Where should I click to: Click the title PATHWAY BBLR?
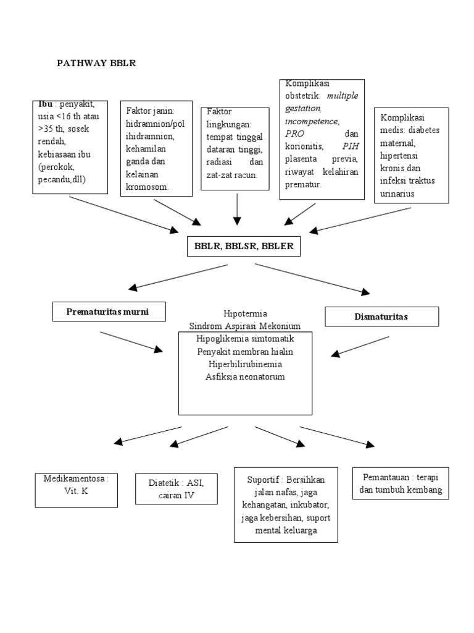96,63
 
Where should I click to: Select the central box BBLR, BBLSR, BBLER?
244,245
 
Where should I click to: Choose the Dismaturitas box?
381,316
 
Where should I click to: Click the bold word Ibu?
46,104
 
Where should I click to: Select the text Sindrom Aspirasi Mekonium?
246,326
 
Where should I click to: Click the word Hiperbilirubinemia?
246,364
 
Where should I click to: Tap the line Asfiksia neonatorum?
246,376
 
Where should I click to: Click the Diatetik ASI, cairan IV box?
175,489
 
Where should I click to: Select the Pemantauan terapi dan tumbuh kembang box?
401,484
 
